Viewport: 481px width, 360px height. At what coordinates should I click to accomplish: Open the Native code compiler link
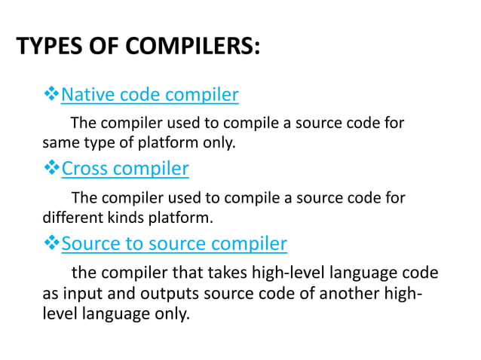(x=149, y=95)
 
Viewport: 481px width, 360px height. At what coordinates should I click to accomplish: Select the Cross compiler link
(x=124, y=168)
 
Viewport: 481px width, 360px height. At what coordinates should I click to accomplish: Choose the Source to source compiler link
(x=173, y=243)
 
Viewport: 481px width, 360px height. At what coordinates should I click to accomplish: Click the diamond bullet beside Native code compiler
(x=51, y=95)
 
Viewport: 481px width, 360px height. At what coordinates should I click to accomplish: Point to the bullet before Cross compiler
(x=51, y=168)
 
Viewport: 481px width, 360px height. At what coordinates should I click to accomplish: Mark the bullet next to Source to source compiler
(x=51, y=243)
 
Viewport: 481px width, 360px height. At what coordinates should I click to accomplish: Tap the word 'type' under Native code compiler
(x=95, y=142)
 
